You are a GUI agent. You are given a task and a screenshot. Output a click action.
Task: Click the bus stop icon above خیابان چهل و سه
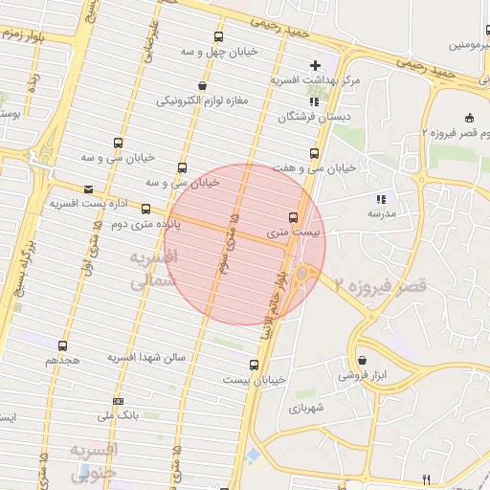[x=220, y=36]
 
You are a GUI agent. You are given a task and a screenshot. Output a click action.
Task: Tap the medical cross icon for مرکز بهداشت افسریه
[x=315, y=64]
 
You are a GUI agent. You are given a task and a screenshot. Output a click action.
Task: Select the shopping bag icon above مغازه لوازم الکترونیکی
[x=202, y=84]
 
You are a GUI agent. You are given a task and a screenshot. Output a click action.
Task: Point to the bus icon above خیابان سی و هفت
[x=314, y=153]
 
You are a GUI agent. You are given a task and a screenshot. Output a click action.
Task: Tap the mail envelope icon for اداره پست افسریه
[x=89, y=189]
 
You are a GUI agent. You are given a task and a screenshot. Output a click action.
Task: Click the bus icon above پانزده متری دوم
[x=145, y=209]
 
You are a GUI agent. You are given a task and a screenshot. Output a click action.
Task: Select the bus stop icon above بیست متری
[x=293, y=217]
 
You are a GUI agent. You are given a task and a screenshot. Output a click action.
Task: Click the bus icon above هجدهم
[x=63, y=345]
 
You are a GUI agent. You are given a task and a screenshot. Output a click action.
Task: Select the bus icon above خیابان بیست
[x=254, y=364]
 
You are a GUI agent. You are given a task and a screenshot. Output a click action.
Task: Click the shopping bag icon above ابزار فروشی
[x=361, y=361]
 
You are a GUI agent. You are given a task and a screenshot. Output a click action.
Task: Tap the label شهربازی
[x=307, y=407]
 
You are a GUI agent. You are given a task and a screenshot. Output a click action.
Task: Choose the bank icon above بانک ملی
[x=118, y=401]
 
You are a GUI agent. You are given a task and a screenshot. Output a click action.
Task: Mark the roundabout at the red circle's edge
[x=304, y=276]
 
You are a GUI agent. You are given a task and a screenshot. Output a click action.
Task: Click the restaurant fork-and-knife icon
[x=427, y=479]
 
